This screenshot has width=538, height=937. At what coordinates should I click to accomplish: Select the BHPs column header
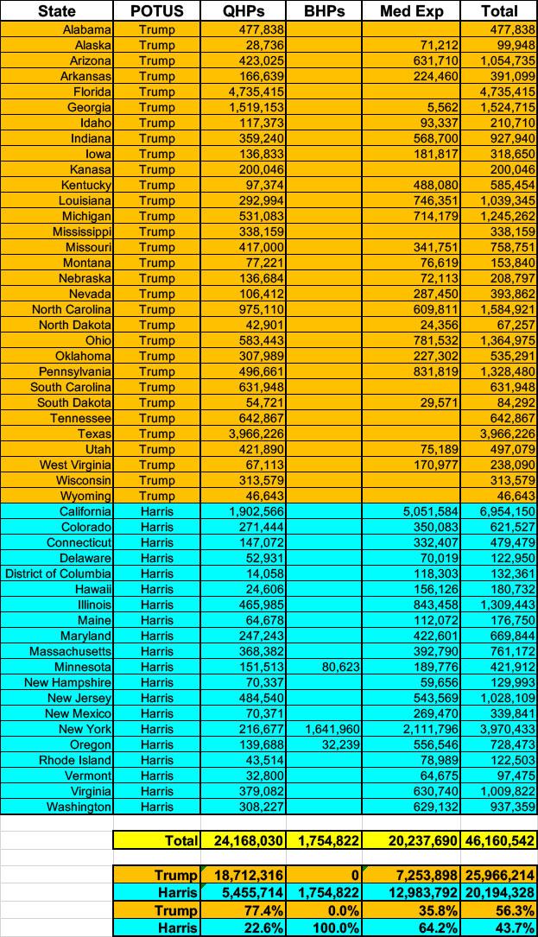[322, 11]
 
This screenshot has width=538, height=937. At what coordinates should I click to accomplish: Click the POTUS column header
[157, 11]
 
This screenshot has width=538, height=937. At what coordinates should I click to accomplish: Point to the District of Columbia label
[59, 573]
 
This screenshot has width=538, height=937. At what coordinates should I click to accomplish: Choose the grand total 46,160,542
[497, 839]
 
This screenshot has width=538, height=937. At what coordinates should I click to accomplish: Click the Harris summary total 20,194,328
[497, 893]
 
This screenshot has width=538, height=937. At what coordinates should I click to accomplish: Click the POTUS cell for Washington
[156, 807]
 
